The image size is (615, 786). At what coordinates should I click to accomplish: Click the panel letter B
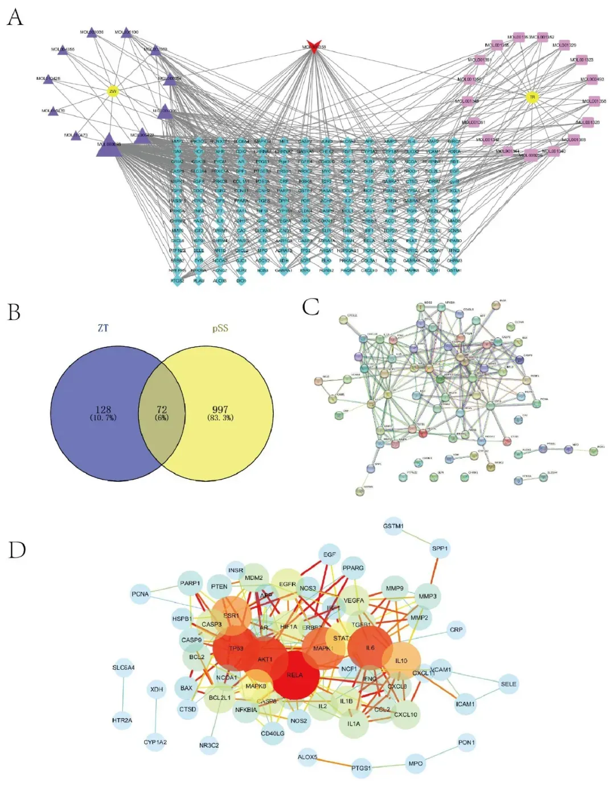tap(14, 312)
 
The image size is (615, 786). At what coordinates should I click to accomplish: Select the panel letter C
tap(310, 307)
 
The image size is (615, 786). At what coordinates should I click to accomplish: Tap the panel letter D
tap(17, 550)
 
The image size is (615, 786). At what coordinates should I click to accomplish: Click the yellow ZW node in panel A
tap(113, 91)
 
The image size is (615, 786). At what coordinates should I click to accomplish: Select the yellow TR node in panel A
tap(532, 97)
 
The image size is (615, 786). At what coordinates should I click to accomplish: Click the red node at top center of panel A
tap(313, 47)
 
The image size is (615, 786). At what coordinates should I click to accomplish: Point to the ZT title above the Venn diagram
tap(103, 328)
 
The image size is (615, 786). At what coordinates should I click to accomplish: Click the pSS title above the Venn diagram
tap(220, 329)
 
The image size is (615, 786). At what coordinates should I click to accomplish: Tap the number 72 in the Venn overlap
tap(162, 410)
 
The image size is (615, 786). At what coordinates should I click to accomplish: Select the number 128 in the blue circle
tap(103, 410)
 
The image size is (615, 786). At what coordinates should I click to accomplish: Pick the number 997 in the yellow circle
tap(220, 410)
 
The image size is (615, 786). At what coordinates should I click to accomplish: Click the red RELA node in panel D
tap(294, 675)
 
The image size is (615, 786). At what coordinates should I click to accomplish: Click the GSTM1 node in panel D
tap(393, 526)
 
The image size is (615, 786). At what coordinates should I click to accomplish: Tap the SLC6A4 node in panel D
tap(124, 668)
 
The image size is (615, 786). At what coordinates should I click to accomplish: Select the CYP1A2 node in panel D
tap(155, 742)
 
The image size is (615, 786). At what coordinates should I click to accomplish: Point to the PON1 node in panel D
tap(466, 742)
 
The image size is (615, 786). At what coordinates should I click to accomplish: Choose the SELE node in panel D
tap(509, 684)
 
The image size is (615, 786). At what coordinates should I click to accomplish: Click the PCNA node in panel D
tap(140, 594)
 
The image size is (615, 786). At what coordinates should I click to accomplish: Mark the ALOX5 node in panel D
tap(307, 757)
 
